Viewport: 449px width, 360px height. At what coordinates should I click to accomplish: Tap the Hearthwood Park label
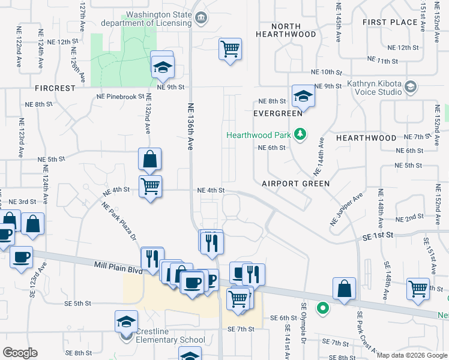261,135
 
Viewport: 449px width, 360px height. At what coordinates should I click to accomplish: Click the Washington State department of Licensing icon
201,18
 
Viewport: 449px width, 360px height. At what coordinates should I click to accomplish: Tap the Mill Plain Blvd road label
118,266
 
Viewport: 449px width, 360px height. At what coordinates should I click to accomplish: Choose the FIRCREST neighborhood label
55,88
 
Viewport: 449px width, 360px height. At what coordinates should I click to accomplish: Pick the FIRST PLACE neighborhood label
390,22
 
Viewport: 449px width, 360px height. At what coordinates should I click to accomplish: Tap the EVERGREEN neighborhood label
277,113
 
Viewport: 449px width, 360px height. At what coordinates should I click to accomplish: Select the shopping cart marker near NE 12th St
230,49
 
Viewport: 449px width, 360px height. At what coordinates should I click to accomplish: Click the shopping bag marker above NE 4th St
150,160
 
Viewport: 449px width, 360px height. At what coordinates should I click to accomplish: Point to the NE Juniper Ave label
346,209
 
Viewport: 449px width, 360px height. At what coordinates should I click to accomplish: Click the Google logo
20,353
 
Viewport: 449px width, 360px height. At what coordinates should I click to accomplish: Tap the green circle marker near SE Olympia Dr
323,309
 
